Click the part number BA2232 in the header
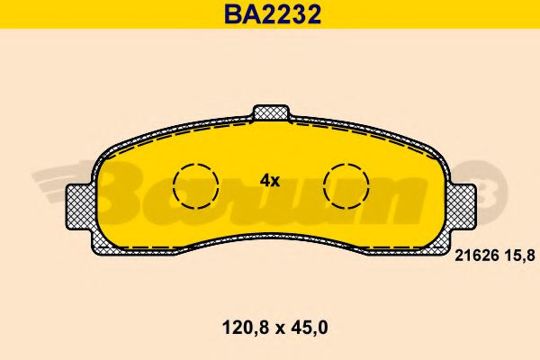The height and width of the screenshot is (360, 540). click(x=269, y=14)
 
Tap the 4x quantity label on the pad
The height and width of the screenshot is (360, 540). click(x=270, y=180)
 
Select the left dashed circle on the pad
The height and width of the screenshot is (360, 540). click(x=197, y=185)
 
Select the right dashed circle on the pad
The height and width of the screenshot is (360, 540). click(x=346, y=185)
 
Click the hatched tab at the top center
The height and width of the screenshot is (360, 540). click(x=271, y=113)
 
